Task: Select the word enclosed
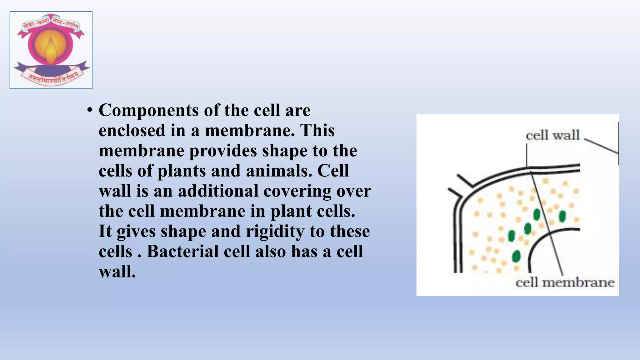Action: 132,131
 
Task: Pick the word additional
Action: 218,191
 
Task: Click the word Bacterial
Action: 182,251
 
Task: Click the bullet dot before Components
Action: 90,110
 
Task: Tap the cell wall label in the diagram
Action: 552,136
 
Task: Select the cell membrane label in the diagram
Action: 565,282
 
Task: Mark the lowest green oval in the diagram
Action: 517,256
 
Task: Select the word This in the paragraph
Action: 317,131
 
